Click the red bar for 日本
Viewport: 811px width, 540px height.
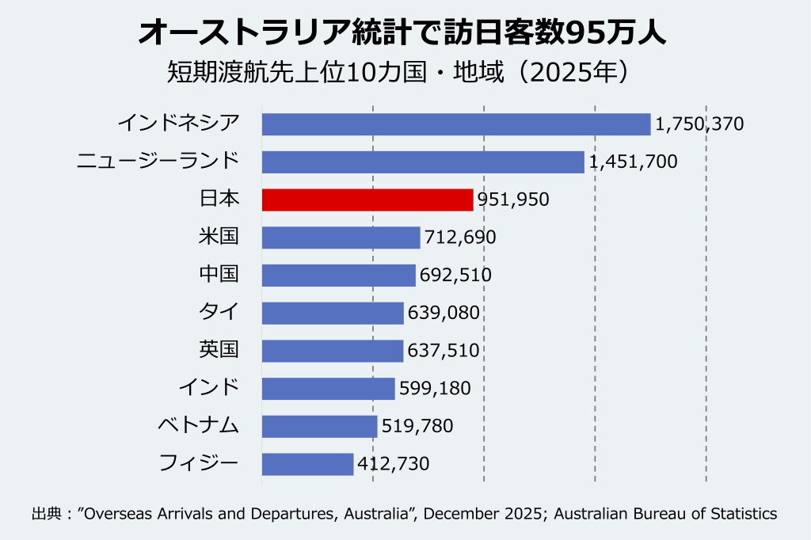[367, 200]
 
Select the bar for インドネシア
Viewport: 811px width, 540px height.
[455, 124]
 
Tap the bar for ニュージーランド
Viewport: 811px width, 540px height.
[423, 162]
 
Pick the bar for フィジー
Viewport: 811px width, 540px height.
[307, 464]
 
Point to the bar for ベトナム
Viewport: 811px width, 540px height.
[319, 427]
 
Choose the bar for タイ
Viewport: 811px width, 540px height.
[333, 313]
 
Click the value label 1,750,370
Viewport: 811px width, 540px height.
[699, 124]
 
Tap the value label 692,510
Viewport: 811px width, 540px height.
[455, 276]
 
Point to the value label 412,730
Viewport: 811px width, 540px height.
[394, 464]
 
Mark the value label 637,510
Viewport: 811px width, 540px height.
[444, 351]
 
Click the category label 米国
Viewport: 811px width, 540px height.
[219, 238]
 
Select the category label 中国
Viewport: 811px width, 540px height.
[219, 275]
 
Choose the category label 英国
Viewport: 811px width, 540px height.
[219, 350]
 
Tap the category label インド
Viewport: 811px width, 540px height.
[208, 388]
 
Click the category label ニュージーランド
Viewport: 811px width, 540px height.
[158, 162]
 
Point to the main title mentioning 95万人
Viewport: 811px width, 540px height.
[405, 33]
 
